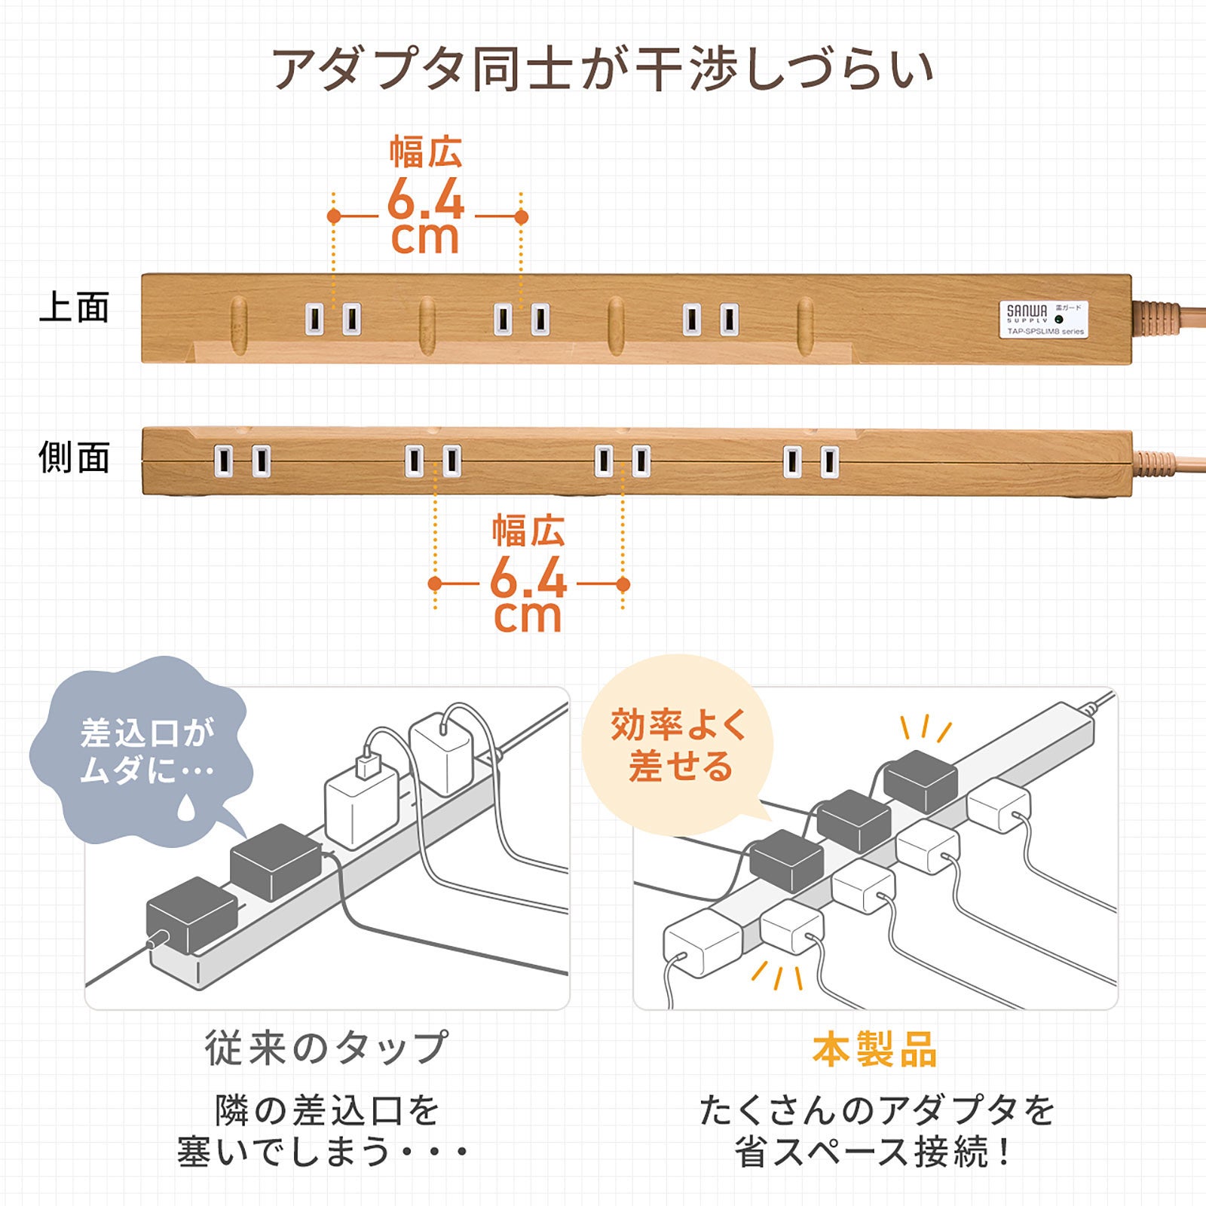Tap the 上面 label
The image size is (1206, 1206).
[x=75, y=308]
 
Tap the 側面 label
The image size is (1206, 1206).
[x=75, y=458]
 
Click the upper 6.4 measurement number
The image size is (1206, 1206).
[x=426, y=201]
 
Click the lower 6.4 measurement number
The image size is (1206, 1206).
[x=528, y=579]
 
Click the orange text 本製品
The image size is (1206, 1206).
[x=874, y=1049]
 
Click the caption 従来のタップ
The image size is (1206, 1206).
[x=326, y=1048]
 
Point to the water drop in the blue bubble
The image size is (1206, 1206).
[x=185, y=808]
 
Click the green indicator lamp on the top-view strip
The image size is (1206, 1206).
[x=1059, y=319]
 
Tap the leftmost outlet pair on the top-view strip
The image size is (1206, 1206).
[x=332, y=319]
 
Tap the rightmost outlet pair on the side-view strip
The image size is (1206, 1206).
[x=810, y=461]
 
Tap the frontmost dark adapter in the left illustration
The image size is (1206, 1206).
[x=192, y=916]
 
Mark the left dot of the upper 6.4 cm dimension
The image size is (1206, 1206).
[x=334, y=217]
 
